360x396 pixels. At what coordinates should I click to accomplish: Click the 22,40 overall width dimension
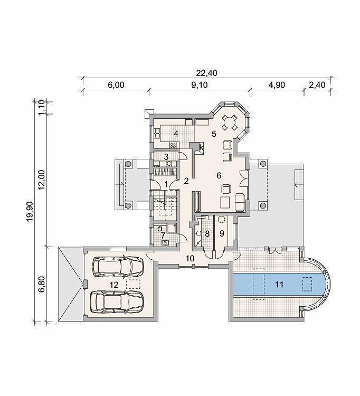tap(206, 73)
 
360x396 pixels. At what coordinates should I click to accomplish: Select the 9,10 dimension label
tap(200, 85)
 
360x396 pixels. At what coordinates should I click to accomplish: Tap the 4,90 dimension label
tap(277, 85)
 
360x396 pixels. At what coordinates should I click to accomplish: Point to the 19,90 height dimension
tap(30, 212)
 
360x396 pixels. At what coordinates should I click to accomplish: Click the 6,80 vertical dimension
tap(42, 284)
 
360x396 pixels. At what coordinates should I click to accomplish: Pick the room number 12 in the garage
tap(114, 285)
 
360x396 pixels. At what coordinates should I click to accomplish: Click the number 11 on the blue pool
tap(279, 285)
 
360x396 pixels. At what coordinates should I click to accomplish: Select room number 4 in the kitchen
tap(176, 134)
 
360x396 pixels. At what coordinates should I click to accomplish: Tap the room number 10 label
tap(190, 258)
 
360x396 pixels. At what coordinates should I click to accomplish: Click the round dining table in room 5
tap(230, 122)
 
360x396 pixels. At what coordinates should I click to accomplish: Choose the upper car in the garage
tap(118, 267)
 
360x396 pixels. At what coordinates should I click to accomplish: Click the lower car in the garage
tap(117, 302)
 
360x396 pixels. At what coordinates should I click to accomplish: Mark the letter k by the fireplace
tap(202, 147)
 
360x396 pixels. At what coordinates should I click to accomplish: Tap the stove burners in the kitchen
tap(174, 145)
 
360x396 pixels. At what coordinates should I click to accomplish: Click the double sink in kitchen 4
tap(157, 134)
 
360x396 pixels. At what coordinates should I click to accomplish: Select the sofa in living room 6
tap(240, 202)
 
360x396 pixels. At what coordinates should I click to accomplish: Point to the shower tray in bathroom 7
tap(172, 228)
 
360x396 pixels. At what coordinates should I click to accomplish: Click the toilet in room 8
tap(198, 233)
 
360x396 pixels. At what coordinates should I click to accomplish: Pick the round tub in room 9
tap(222, 220)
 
